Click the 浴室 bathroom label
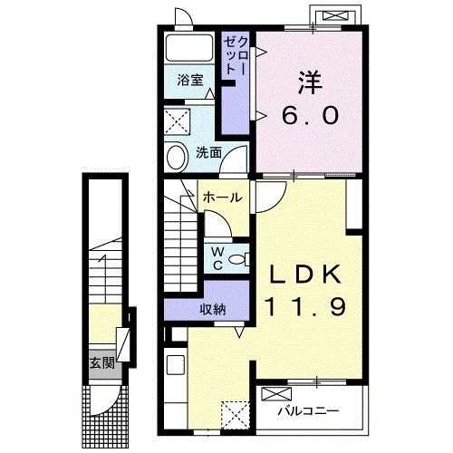(x=190, y=81)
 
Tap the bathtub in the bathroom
(x=189, y=48)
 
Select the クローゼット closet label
(x=236, y=56)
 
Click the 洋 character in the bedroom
(x=310, y=82)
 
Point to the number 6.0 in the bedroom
(x=310, y=116)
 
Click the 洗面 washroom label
(x=208, y=152)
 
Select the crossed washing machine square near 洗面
(x=178, y=122)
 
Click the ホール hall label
(x=223, y=198)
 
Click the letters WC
(x=217, y=258)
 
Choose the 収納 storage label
(x=213, y=309)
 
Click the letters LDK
(x=305, y=275)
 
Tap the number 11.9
(x=305, y=306)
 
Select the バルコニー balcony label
(x=308, y=411)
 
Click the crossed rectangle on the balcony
(x=276, y=394)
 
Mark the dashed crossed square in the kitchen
(x=236, y=415)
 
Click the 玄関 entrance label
(x=102, y=363)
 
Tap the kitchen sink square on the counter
(x=176, y=365)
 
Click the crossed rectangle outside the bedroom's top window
(x=337, y=15)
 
